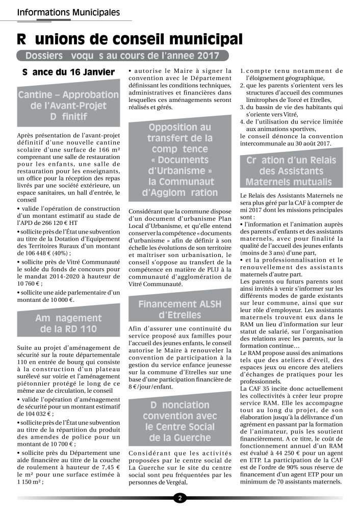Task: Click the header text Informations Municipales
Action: click(69, 11)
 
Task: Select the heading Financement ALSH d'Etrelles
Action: click(179, 310)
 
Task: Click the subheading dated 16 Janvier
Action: click(68, 72)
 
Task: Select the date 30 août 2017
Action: click(306, 143)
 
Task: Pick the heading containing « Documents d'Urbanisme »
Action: click(179, 159)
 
